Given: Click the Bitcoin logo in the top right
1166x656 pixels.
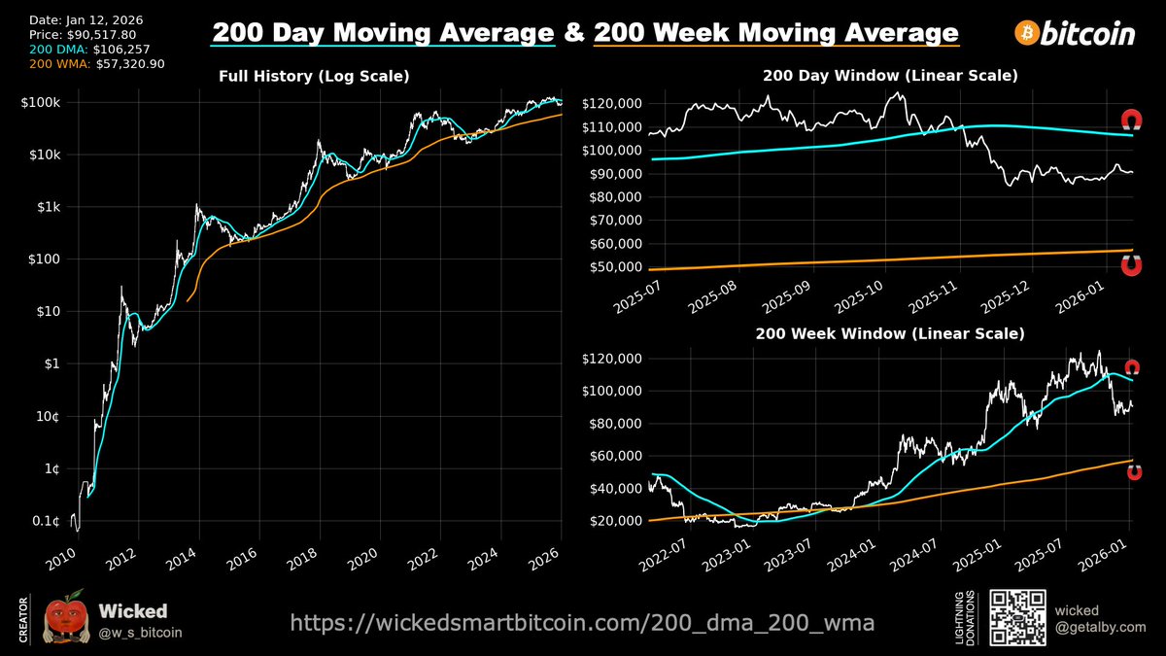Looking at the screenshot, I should [1075, 34].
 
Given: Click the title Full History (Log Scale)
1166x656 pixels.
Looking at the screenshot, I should [313, 76].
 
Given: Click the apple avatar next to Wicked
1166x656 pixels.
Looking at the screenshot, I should [66, 618].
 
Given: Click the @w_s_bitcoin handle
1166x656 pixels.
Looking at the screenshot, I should [141, 633].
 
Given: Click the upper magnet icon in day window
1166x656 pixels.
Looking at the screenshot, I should [1131, 121].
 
